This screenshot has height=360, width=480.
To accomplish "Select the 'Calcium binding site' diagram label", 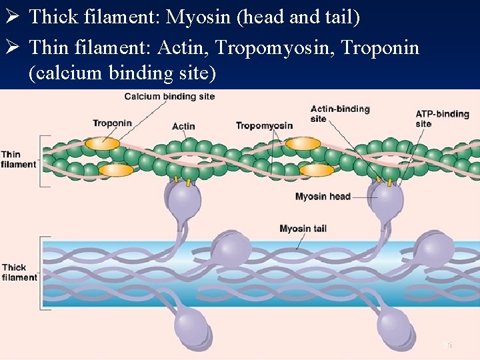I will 169,97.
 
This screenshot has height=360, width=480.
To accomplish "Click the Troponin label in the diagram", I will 112,123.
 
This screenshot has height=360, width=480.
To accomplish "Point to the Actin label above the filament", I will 183,127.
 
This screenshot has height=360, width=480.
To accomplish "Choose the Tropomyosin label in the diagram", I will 264,126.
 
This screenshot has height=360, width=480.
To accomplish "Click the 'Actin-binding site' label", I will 339,113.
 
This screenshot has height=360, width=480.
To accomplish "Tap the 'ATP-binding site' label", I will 442,119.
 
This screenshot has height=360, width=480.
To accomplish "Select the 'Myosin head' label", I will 323,197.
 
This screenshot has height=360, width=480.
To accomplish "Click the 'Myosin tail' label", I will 303,229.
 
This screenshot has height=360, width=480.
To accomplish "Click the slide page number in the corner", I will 448,345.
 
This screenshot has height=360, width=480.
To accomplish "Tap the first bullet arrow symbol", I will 13,17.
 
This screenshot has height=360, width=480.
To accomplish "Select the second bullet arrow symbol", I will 13,48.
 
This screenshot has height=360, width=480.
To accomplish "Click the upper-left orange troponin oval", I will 103,143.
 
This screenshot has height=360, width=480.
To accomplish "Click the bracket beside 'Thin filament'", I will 45,161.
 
